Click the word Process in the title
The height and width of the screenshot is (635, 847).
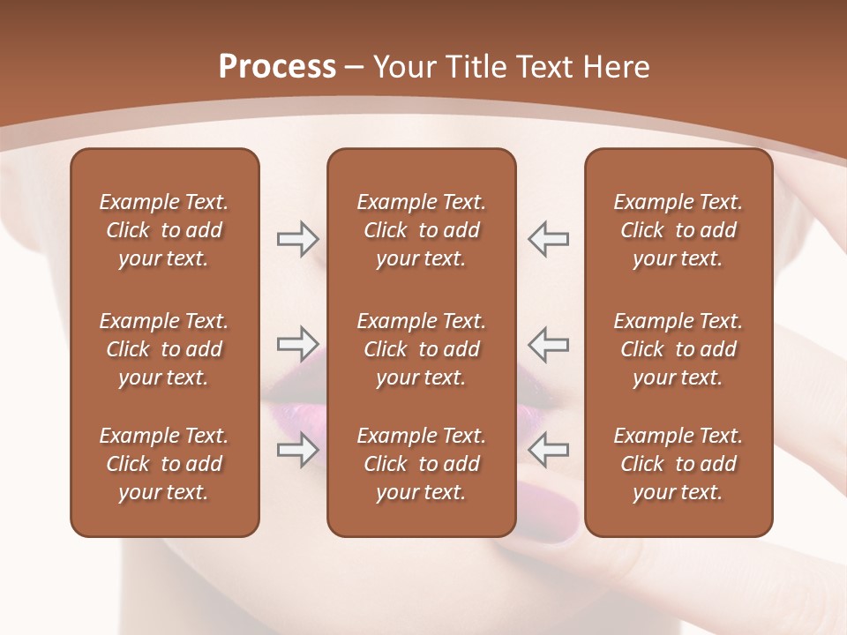coord(277,67)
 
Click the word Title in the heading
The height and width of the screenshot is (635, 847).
coord(476,67)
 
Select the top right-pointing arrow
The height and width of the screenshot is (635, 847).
coord(297,238)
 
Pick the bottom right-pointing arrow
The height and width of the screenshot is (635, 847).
coord(297,450)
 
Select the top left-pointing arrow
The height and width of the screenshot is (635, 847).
coord(548,238)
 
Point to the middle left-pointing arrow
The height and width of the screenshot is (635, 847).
coord(548,344)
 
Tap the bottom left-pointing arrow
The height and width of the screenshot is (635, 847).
coord(548,450)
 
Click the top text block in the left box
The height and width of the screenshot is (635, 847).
coord(164,230)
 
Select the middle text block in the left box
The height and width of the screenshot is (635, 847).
coord(164,349)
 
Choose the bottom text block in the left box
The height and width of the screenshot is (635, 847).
coord(164,464)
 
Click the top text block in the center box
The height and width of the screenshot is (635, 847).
coord(421,230)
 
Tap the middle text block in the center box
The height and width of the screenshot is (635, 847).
coord(421,349)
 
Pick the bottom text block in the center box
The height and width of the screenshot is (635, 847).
coord(421,464)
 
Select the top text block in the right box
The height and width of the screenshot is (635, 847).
coord(678,230)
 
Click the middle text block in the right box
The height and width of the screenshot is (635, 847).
coord(678,349)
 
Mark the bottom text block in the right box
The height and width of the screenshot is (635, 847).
coord(678,464)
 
